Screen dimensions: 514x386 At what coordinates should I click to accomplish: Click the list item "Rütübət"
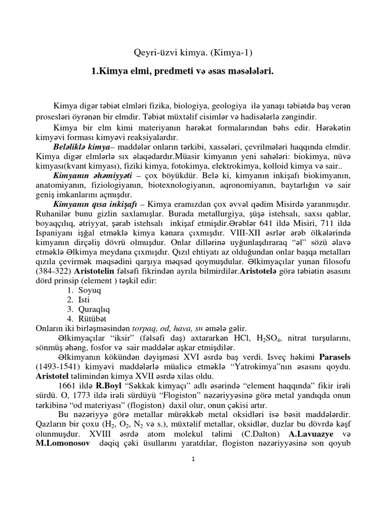pyautogui.click(x=92, y=319)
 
